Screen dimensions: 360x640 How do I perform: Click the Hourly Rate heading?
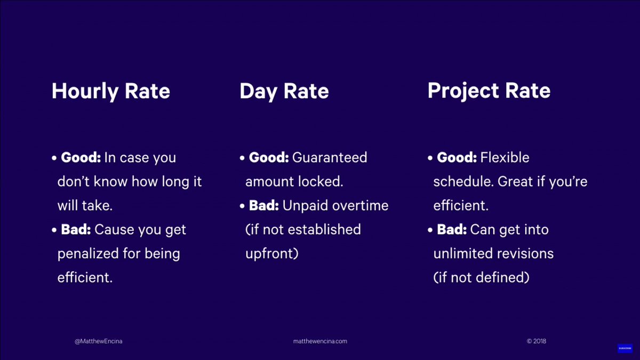coord(111,91)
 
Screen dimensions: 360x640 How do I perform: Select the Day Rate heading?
coord(284,91)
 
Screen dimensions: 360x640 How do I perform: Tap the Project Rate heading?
coord(489,91)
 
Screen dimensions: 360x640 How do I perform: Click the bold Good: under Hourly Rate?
coord(81,158)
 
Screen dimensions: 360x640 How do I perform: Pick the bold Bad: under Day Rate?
coord(264,206)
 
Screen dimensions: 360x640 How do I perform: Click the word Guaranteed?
coord(330,158)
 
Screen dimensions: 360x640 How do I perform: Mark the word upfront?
coord(271,254)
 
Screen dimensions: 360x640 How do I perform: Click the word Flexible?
coord(505,158)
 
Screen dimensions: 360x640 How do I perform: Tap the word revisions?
coord(525,254)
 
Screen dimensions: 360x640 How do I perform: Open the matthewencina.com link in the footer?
coord(320,341)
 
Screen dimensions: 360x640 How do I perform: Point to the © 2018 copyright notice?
coord(536,341)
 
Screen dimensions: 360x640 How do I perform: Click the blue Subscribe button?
coord(625,348)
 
